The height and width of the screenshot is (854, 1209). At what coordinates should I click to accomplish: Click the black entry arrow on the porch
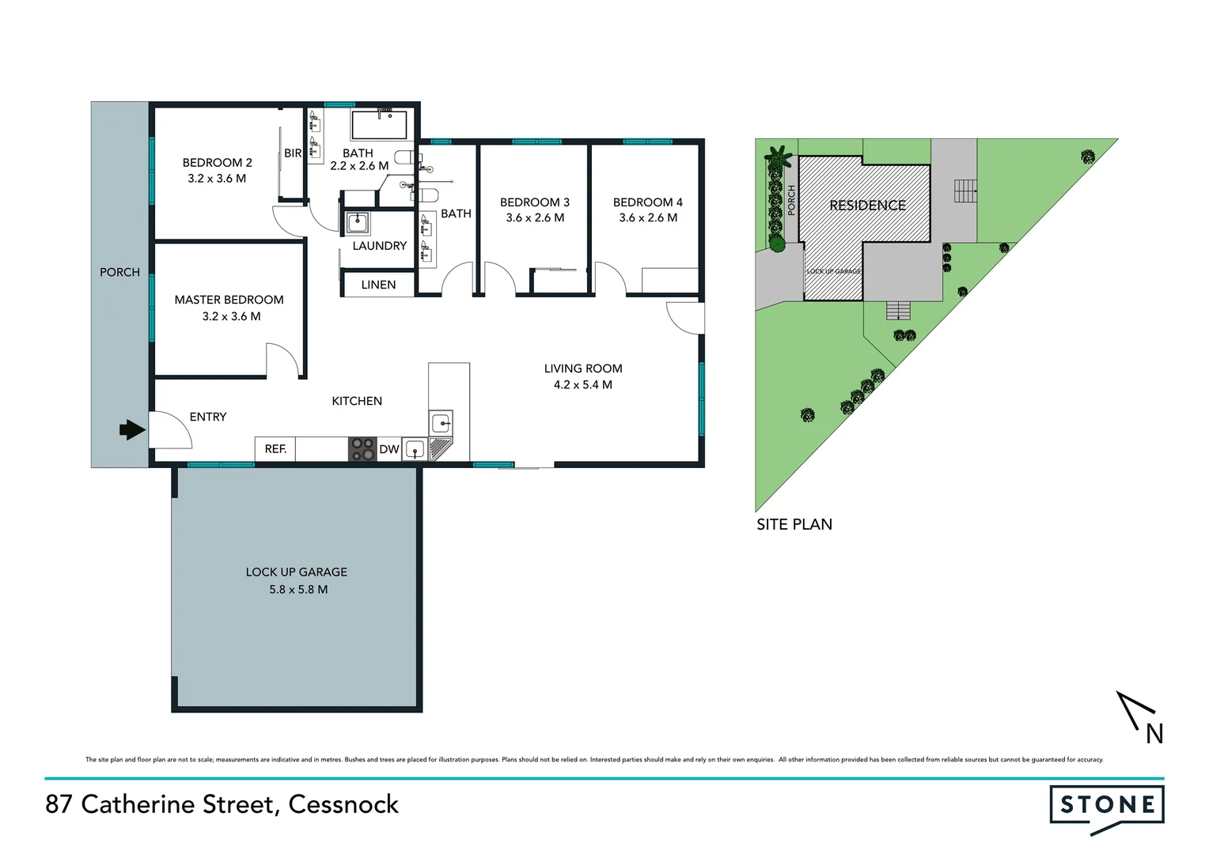click(x=132, y=430)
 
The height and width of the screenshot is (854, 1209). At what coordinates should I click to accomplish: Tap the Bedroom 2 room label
click(x=217, y=163)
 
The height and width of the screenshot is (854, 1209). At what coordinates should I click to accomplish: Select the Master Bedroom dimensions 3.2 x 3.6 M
click(x=231, y=316)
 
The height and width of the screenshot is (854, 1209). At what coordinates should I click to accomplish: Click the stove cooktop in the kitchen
click(x=363, y=449)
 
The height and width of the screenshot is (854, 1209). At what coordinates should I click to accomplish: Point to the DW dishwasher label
click(x=389, y=449)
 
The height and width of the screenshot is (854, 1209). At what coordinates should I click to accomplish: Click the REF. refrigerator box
click(x=275, y=449)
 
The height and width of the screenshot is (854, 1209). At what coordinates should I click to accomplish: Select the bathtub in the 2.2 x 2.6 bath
click(x=379, y=125)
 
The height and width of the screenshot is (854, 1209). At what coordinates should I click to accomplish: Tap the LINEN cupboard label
click(x=378, y=285)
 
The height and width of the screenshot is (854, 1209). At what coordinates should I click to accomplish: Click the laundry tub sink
click(x=358, y=222)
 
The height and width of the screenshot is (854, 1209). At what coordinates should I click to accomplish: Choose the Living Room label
click(x=583, y=368)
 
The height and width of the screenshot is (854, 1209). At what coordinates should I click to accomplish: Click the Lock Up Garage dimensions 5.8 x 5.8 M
click(x=298, y=589)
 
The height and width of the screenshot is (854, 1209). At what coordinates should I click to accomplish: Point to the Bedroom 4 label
click(x=647, y=202)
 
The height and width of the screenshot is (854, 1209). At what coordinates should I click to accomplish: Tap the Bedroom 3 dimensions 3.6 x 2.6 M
click(x=535, y=218)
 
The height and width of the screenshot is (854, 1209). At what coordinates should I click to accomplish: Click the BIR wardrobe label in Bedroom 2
click(x=293, y=153)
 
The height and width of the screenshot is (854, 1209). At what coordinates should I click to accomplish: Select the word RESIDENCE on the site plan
click(x=867, y=206)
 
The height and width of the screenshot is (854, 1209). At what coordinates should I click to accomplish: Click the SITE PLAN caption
click(x=794, y=524)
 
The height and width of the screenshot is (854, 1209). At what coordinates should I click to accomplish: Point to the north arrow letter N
click(x=1154, y=735)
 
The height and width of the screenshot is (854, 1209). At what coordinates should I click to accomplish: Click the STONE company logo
click(x=1106, y=807)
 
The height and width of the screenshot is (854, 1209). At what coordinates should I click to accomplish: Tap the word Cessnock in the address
click(x=343, y=804)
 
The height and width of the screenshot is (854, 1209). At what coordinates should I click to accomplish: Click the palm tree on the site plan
click(x=776, y=157)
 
